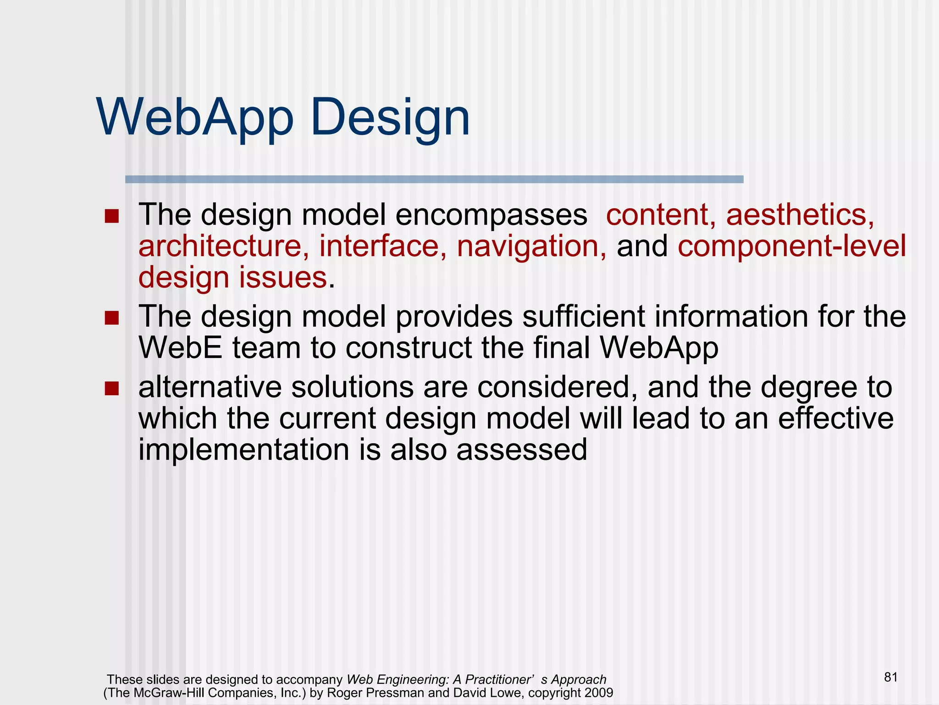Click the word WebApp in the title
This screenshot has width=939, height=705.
(195, 117)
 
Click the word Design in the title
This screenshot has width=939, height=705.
(390, 117)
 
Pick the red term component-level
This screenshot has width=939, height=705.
(792, 247)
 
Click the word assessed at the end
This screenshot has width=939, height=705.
(521, 450)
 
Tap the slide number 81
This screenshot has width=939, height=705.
(890, 677)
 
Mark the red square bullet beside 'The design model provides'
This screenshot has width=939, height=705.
(111, 318)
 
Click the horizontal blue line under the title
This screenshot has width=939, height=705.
(434, 179)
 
